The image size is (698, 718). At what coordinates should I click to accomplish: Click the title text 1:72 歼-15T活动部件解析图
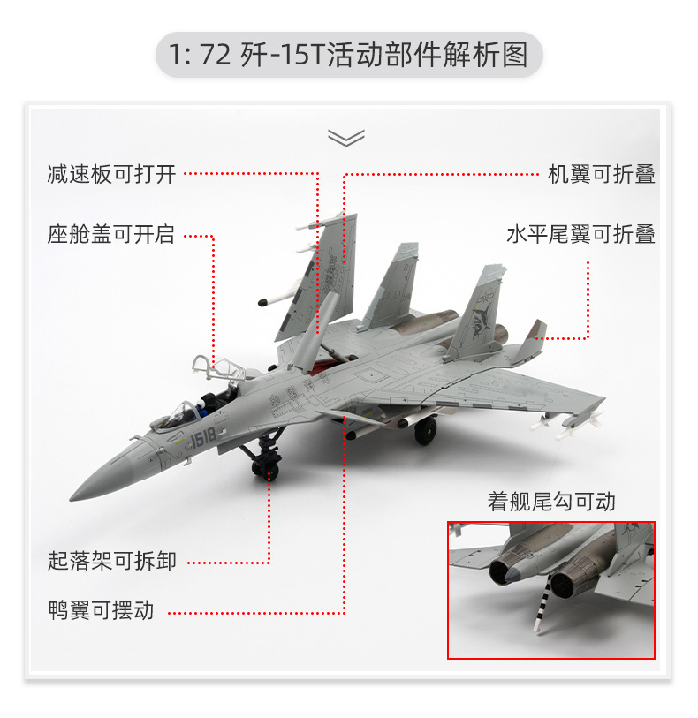pos(349,56)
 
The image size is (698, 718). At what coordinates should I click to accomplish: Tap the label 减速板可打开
pos(111,174)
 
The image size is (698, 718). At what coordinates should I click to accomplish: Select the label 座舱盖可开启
pos(111,235)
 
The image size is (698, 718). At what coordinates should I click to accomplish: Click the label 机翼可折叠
pos(601,174)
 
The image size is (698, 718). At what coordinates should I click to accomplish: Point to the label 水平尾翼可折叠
pos(580,235)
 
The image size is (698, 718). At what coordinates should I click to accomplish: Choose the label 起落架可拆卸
pos(111,561)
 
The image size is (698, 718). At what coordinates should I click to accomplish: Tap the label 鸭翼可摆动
pos(101,610)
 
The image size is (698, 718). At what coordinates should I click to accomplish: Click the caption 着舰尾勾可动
pos(551,502)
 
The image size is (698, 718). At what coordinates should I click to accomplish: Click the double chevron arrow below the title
pos(346,137)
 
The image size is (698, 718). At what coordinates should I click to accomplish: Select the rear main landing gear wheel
pos(426,430)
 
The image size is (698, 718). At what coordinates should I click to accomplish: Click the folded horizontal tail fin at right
pos(535,333)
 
